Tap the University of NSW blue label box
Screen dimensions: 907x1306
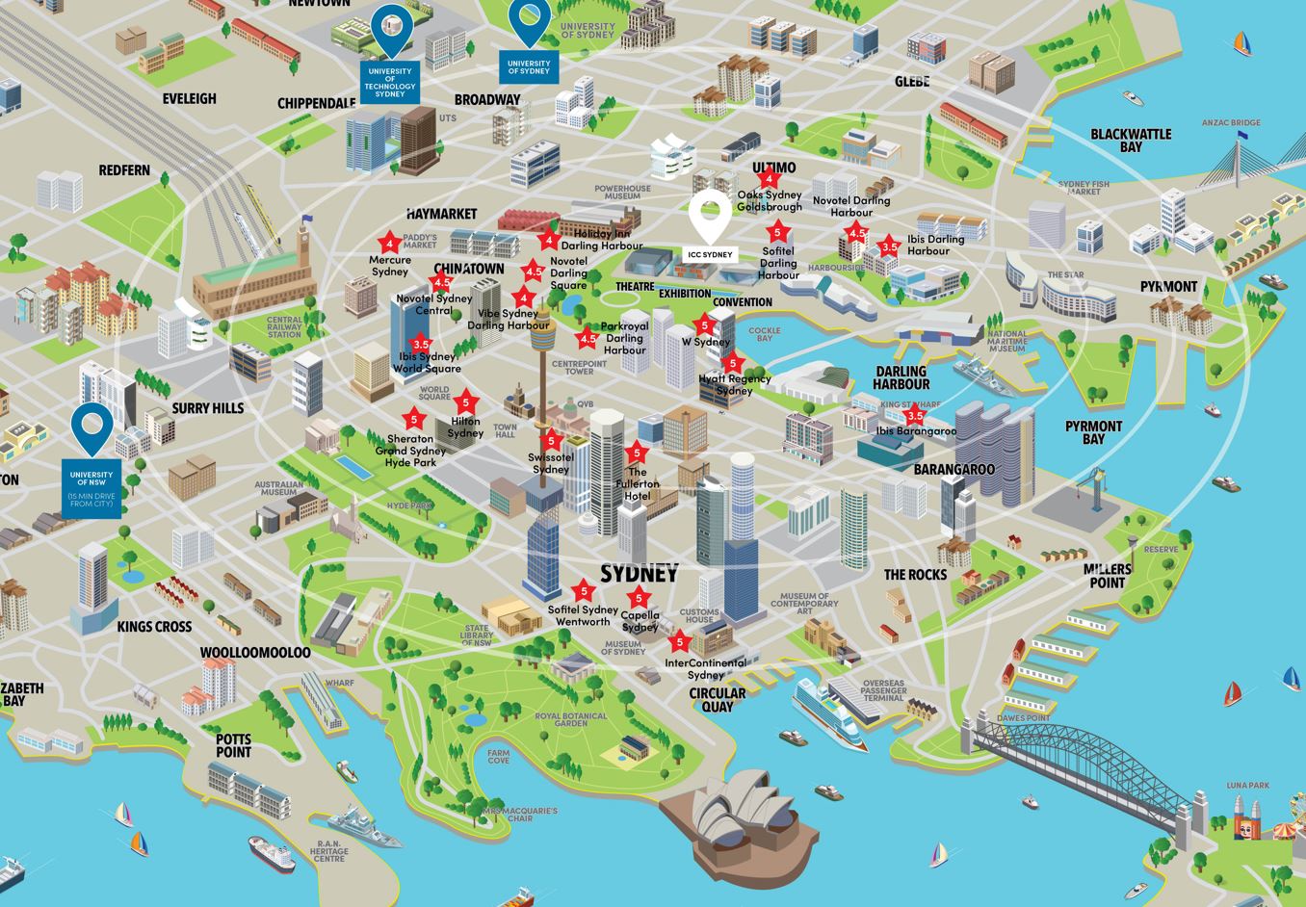click(x=91, y=488)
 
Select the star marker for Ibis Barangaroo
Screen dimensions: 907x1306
click(x=915, y=417)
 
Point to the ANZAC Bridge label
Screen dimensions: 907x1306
click(x=1231, y=123)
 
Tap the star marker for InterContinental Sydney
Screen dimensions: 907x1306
click(x=680, y=642)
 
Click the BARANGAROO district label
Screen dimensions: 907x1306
click(x=954, y=469)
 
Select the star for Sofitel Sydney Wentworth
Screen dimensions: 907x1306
click(x=583, y=591)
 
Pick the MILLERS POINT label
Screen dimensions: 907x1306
click(x=1107, y=575)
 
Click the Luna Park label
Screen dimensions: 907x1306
click(x=1247, y=786)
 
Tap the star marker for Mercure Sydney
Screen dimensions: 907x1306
click(x=389, y=244)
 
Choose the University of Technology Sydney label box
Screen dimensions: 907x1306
click(x=390, y=83)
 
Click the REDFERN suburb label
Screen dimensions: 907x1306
click(x=124, y=170)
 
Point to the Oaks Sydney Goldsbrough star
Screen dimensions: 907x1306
click(x=769, y=178)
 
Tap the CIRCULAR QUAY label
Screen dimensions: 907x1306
click(x=717, y=699)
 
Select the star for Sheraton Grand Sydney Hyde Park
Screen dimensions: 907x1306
click(x=414, y=420)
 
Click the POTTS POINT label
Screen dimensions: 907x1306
click(x=233, y=745)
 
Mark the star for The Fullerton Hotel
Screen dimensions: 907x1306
click(x=636, y=453)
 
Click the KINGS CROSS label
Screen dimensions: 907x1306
click(x=154, y=627)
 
